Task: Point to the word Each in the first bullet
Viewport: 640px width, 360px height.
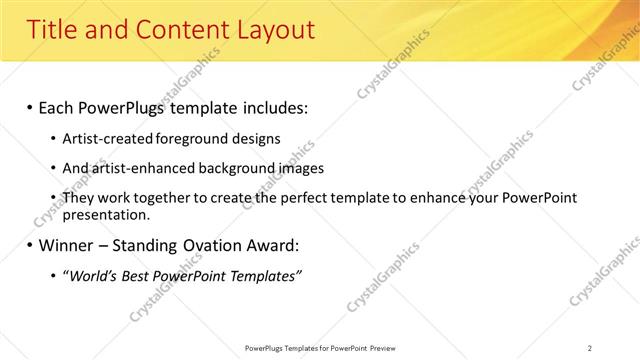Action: point(58,107)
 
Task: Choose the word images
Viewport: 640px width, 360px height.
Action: point(300,168)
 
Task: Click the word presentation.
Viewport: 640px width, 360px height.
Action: point(106,214)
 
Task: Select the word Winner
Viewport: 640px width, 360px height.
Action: point(66,245)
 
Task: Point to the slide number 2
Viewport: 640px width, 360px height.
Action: point(590,348)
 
